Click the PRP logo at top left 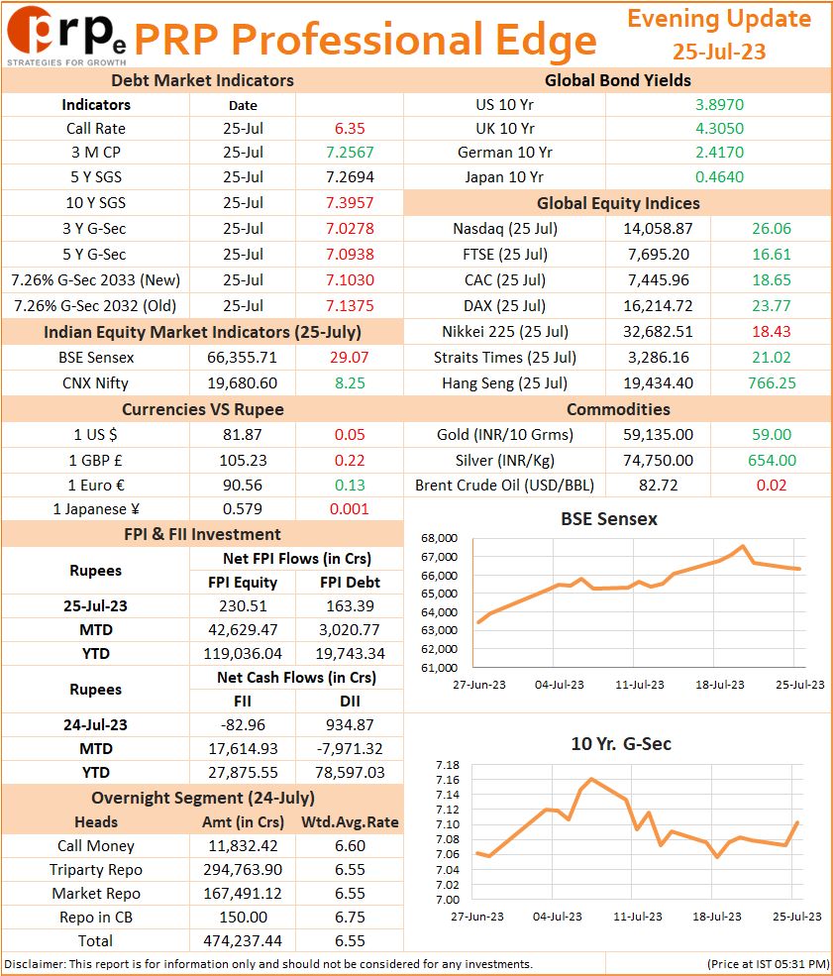[66, 36]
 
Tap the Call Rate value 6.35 [350, 129]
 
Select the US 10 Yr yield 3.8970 [719, 105]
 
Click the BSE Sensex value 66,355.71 [242, 358]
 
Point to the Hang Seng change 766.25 [772, 383]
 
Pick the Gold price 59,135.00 [659, 435]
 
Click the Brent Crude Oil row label [504, 486]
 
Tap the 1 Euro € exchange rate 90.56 [243, 486]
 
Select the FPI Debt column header [350, 583]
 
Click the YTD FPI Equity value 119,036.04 [243, 654]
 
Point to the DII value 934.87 [350, 725]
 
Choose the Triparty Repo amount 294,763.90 [243, 870]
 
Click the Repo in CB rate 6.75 [350, 918]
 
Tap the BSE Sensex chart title [609, 519]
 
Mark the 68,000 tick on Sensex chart [439, 538]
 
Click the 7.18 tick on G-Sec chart [448, 765]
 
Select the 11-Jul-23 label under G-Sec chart [638, 917]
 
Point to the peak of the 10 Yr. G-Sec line [590, 779]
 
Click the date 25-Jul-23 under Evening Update [719, 52]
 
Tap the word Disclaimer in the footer [34, 965]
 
